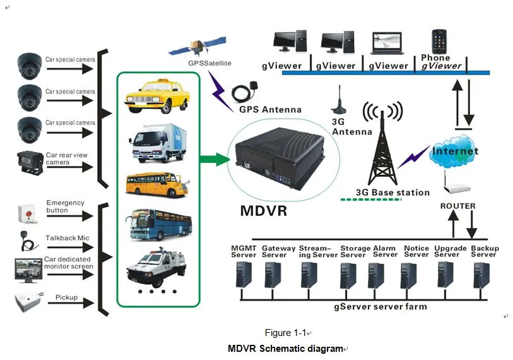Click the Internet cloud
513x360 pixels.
(x=454, y=152)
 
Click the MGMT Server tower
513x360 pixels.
(x=243, y=277)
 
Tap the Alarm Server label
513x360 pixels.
(x=385, y=251)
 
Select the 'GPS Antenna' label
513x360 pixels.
(x=269, y=109)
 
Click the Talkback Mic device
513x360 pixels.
(x=26, y=241)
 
